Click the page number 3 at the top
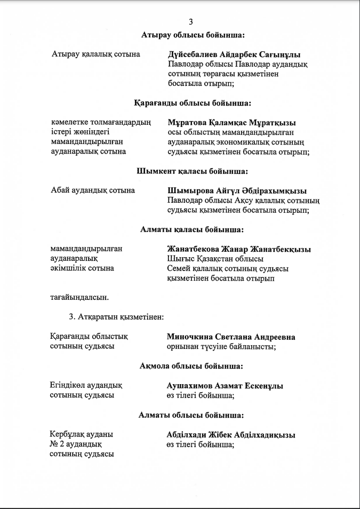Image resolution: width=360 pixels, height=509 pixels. pos(191,22)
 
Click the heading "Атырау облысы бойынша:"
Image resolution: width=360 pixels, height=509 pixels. pos(193,35)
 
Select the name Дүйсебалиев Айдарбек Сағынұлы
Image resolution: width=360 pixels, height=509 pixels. pos(234,54)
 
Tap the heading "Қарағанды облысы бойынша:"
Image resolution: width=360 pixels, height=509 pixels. pos(192,103)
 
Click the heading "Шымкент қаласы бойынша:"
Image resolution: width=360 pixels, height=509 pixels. pos(192,171)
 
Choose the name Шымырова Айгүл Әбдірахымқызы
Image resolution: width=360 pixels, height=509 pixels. pos(237,190)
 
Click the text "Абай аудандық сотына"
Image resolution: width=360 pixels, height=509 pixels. pos(92,190)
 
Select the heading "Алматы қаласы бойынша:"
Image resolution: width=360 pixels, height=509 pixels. pos(192,229)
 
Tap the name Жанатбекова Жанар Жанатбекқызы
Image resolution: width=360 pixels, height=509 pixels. pos(238,249)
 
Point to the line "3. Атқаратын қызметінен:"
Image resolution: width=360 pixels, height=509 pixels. pos(116,316)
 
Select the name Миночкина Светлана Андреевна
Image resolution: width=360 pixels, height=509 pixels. pos(231,337)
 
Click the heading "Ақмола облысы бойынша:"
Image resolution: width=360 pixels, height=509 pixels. pos(191,366)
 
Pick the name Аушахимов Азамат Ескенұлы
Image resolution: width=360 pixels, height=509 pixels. pos(225,386)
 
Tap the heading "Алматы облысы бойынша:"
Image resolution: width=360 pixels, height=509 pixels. pos(191,415)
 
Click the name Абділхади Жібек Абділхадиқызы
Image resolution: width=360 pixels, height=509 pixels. pos(231,435)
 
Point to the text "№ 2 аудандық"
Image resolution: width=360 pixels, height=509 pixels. pos(76,444)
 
